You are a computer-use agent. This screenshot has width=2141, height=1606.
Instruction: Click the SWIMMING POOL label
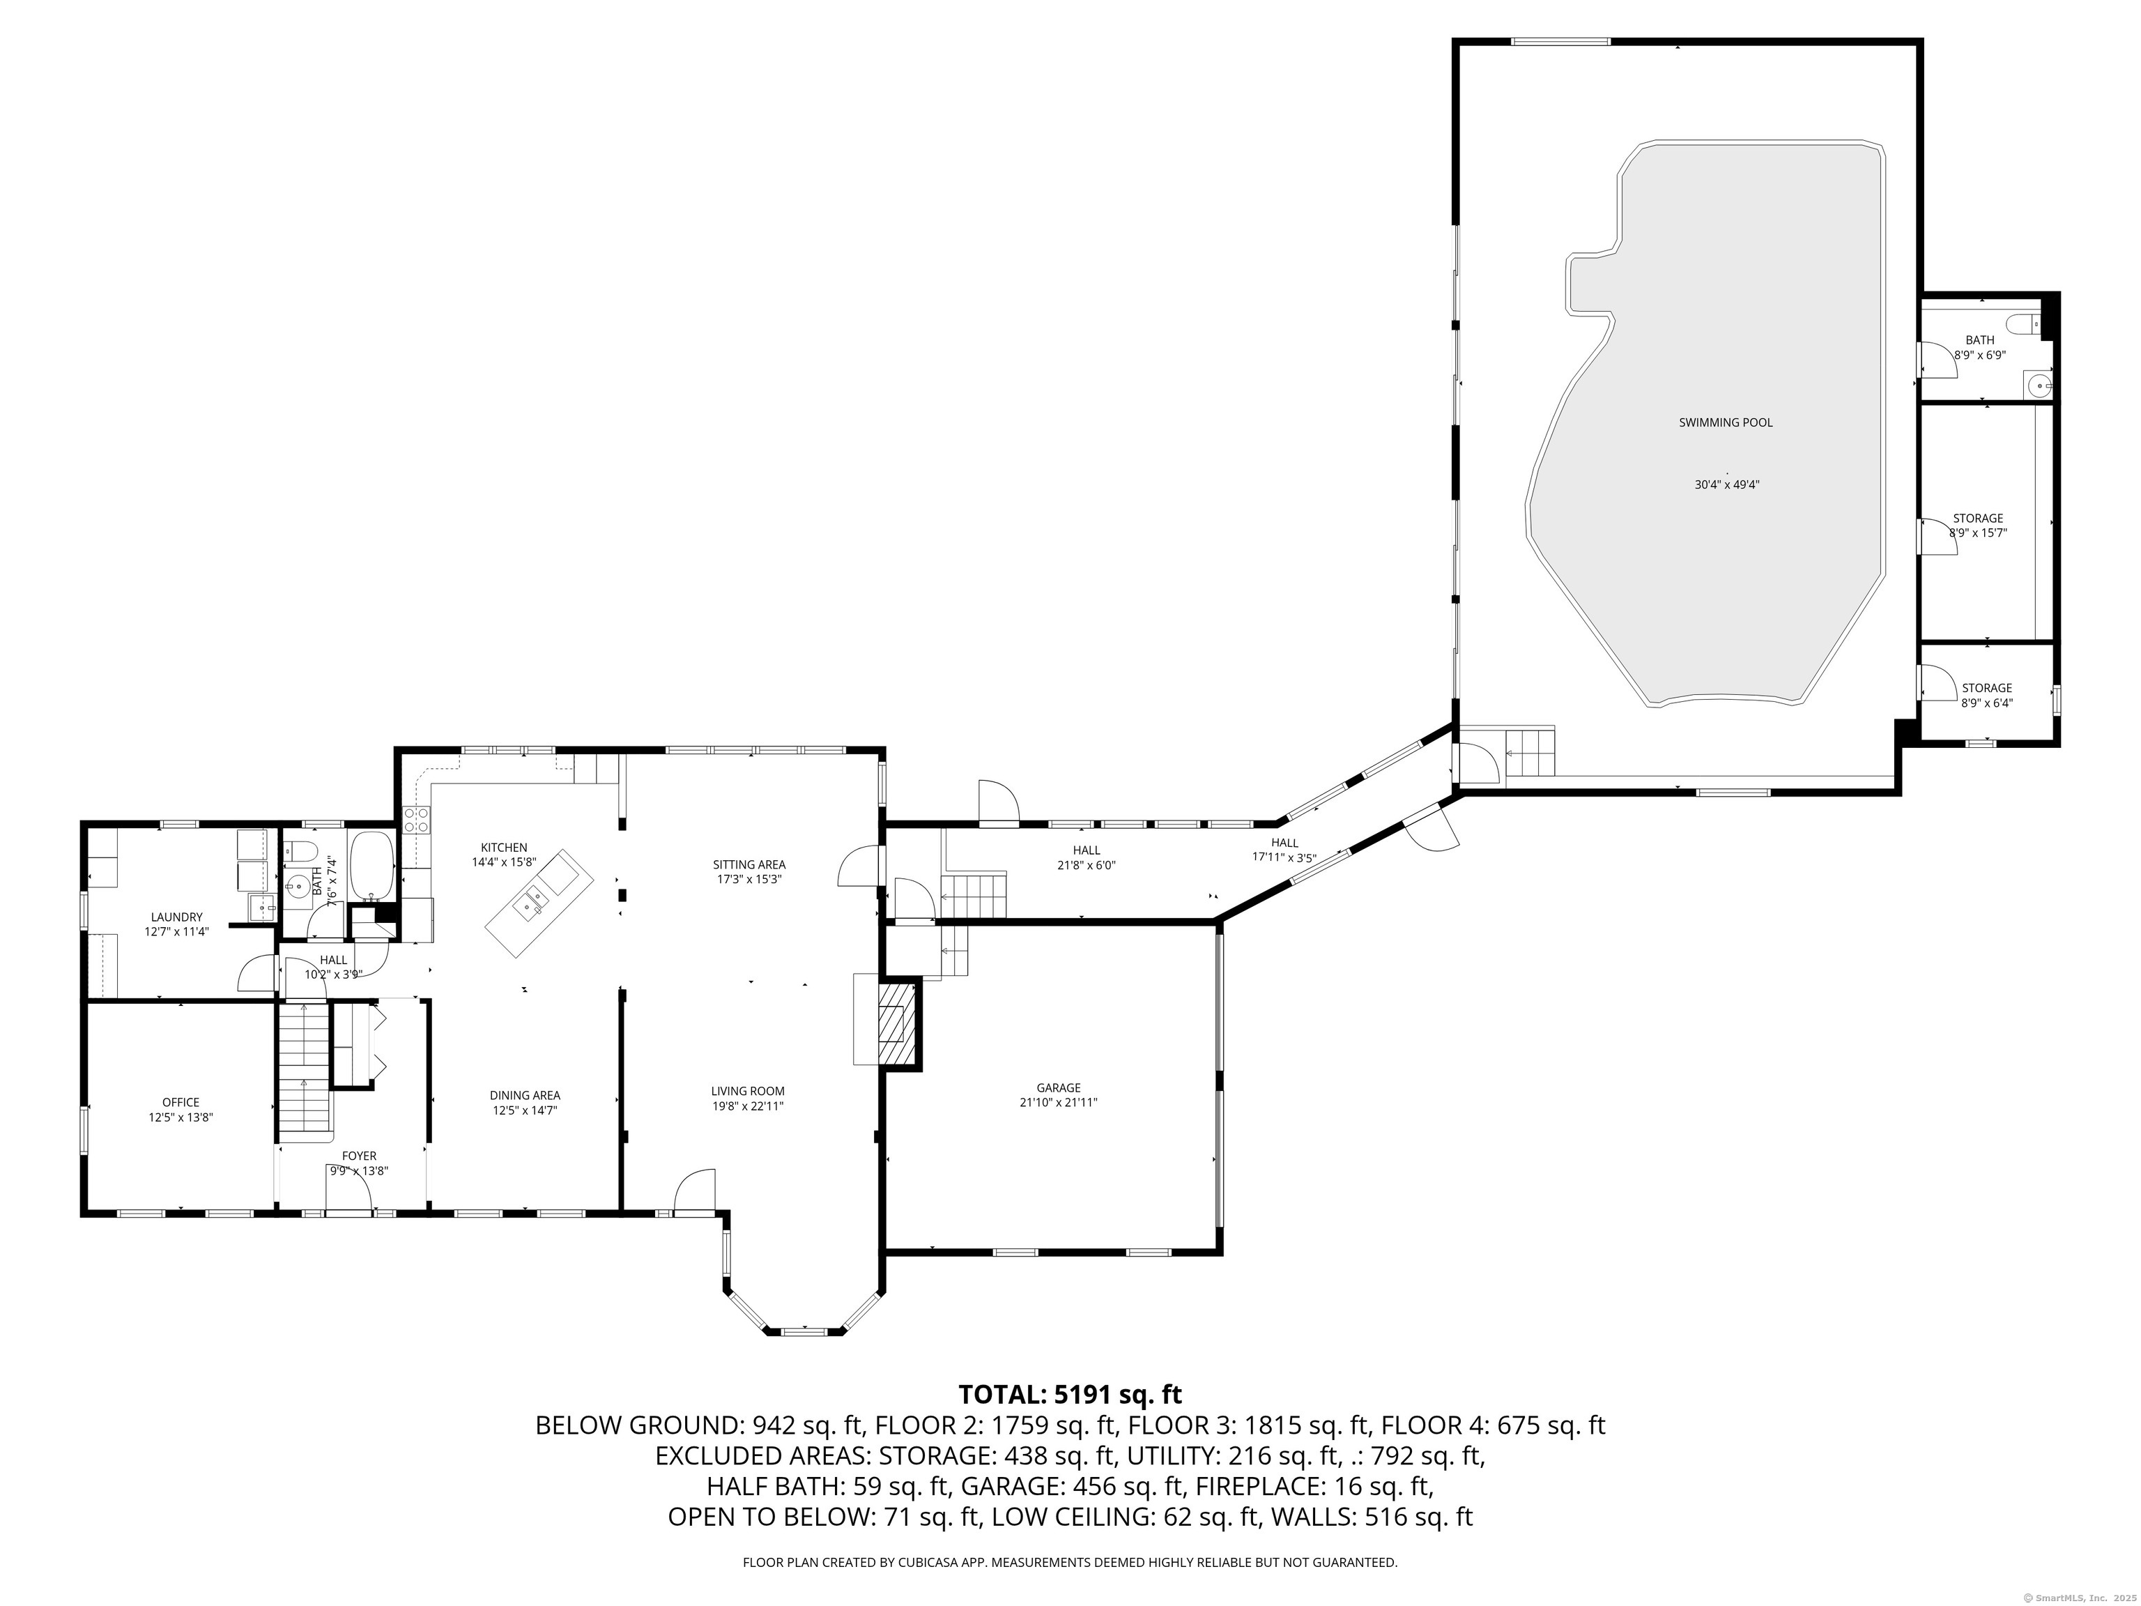pyautogui.click(x=1726, y=423)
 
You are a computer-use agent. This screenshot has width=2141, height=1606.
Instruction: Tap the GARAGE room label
pyautogui.click(x=1058, y=1088)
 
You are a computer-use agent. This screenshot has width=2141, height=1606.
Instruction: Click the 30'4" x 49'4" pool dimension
pyautogui.click(x=1726, y=485)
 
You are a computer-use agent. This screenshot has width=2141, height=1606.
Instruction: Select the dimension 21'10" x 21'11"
pyautogui.click(x=1058, y=1103)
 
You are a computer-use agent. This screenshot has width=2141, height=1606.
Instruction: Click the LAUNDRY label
pyautogui.click(x=177, y=917)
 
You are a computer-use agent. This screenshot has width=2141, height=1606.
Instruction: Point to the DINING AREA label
pyautogui.click(x=525, y=1096)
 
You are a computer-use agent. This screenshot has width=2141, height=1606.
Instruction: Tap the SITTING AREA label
pyautogui.click(x=749, y=864)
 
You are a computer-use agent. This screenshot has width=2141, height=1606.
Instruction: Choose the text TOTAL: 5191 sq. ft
pyautogui.click(x=1070, y=1395)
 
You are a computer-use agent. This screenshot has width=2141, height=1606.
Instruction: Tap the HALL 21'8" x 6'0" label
pyautogui.click(x=1086, y=857)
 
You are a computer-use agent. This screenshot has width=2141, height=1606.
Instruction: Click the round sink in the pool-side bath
pyautogui.click(x=2039, y=385)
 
